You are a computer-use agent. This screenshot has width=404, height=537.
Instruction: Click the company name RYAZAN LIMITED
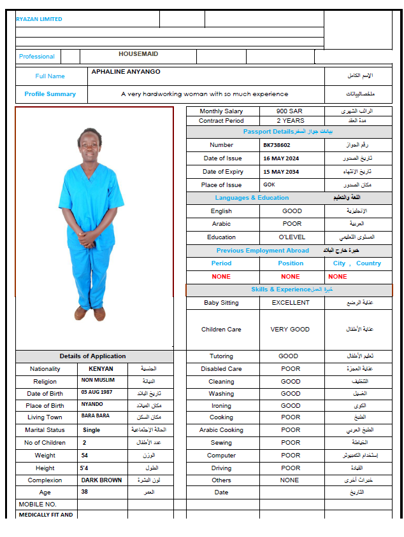pos(39,19)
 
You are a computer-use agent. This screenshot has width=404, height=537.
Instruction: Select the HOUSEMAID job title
pos(138,55)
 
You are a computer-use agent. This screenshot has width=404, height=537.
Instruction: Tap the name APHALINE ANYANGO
pos(126,72)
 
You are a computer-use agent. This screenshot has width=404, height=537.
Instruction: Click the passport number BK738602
pos(277,145)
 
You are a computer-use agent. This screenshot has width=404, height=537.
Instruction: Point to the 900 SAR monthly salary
pos(289,111)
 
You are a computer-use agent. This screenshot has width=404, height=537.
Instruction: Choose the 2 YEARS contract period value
pos(290,120)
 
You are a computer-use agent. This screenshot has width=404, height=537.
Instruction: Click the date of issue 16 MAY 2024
pos(281,158)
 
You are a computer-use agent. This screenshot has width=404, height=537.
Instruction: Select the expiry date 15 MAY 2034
pos(281,172)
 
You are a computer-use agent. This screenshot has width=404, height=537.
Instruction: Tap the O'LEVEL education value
pos(292,237)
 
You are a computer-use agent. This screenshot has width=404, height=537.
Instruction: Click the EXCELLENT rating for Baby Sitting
pos(291,303)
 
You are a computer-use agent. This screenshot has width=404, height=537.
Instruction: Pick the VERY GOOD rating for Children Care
pos(291,330)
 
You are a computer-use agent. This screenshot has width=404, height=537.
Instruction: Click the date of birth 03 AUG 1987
pos(98,393)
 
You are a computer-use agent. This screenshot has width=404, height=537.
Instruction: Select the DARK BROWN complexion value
pos(101,480)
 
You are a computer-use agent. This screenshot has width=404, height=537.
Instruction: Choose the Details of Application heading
pos(92,356)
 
